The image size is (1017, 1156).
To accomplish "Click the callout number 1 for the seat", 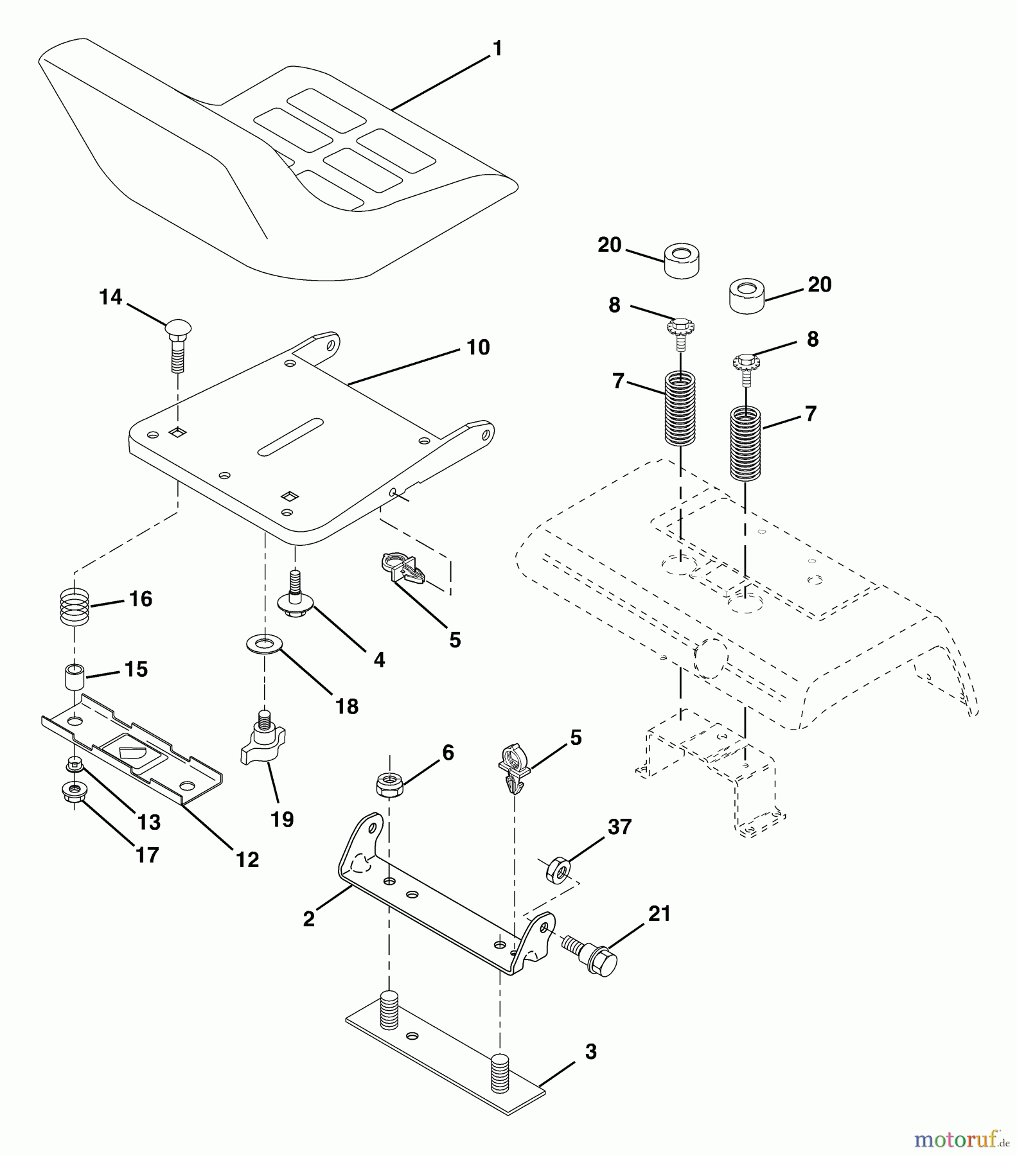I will pyautogui.click(x=497, y=49).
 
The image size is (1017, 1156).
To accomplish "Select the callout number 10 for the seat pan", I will pyautogui.click(x=478, y=347).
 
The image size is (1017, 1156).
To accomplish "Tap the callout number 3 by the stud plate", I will pyautogui.click(x=590, y=1052).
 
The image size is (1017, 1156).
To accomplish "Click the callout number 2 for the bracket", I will pyautogui.click(x=309, y=919).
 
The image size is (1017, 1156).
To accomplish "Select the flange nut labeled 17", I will pyautogui.click(x=75, y=792).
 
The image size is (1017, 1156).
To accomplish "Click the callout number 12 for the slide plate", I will pyautogui.click(x=248, y=859).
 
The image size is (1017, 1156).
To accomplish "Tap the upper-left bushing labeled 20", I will pyautogui.click(x=682, y=259).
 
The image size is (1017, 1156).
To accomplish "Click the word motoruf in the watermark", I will pyautogui.click(x=953, y=1139).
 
